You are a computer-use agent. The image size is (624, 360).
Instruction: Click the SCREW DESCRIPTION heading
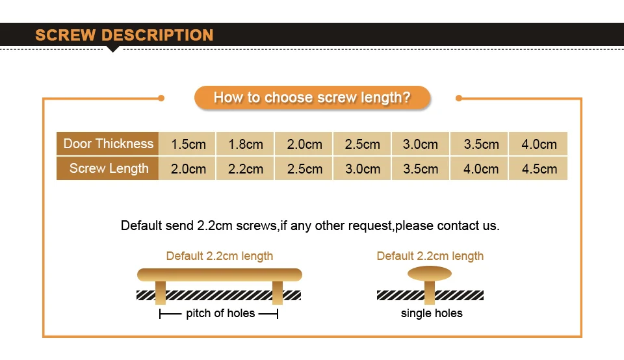click(x=124, y=35)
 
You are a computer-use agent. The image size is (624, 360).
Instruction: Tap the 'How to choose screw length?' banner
click(x=312, y=97)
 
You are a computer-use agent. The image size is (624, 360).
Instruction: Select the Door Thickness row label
click(x=107, y=144)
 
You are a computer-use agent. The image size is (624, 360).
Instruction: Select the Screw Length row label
click(x=107, y=168)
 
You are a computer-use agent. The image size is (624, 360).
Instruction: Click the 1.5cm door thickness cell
click(x=188, y=144)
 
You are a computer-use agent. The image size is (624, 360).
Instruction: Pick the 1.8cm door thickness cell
click(x=245, y=144)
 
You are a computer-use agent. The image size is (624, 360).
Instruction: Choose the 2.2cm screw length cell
click(x=245, y=169)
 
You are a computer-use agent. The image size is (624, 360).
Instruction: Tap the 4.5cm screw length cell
click(x=539, y=169)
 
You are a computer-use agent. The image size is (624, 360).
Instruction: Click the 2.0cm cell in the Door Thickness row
click(x=304, y=144)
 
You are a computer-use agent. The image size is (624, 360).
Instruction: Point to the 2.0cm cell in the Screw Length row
click(x=188, y=169)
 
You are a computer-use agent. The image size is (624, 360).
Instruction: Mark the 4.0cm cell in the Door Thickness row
click(x=539, y=144)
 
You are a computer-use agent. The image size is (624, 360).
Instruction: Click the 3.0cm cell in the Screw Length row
click(x=362, y=169)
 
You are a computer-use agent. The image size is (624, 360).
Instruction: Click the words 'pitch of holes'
click(x=220, y=313)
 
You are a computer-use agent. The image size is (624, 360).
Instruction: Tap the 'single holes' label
click(x=432, y=313)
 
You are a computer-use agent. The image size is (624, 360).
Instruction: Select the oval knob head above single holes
click(x=430, y=274)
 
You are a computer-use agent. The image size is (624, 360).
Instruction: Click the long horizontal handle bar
click(x=220, y=275)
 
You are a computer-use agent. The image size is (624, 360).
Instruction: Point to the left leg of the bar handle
click(x=161, y=293)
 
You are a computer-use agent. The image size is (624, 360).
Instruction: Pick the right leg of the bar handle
click(x=278, y=293)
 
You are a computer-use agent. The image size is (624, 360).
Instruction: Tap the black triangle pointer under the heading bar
click(x=113, y=49)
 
